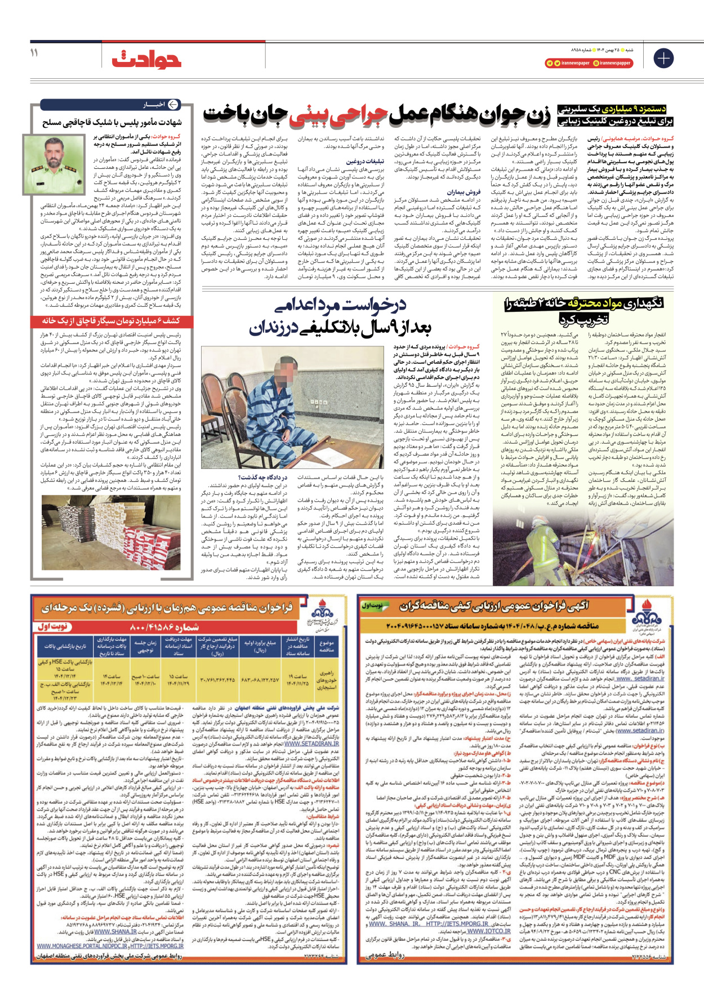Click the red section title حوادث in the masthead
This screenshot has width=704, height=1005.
click(x=146, y=59)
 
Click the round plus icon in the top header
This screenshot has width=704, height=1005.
click(x=663, y=58)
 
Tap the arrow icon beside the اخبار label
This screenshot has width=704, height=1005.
click(x=173, y=105)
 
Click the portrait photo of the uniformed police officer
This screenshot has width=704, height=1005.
click(x=56, y=163)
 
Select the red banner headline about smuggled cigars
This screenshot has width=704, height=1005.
click(x=112, y=320)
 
